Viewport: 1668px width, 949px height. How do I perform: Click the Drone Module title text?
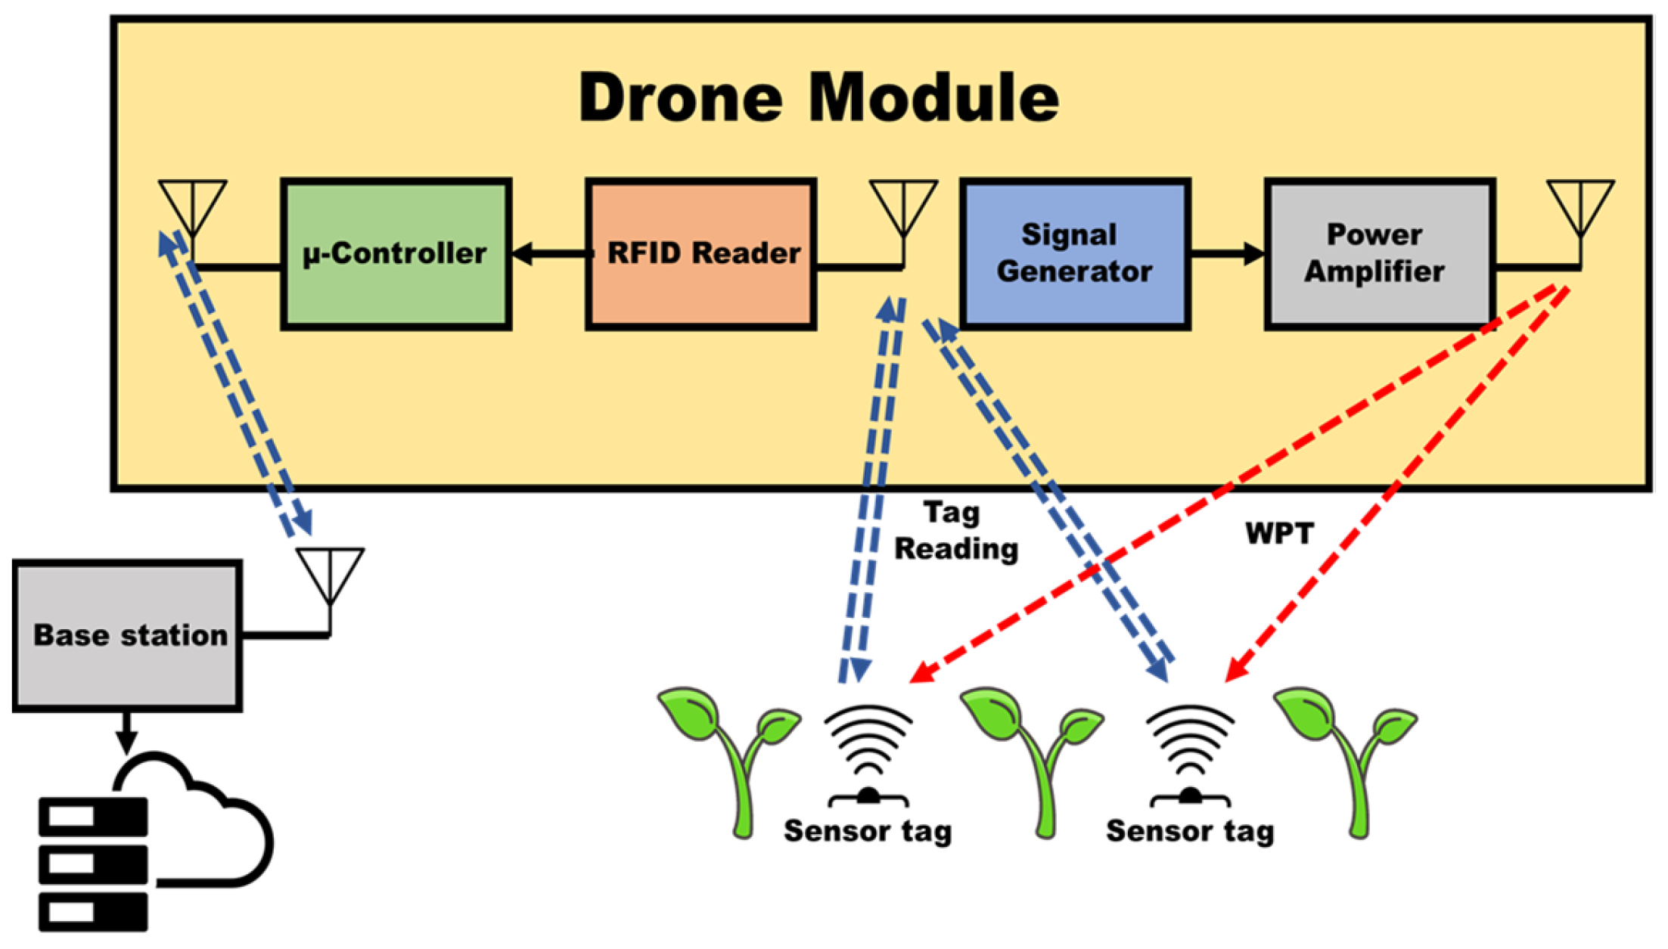[x=818, y=98]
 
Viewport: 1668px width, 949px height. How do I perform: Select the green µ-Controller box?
[x=396, y=253]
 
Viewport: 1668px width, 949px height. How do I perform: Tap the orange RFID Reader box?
[x=701, y=253]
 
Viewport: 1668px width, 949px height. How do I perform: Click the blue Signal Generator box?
[x=1075, y=253]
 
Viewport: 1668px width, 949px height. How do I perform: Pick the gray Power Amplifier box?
[x=1379, y=253]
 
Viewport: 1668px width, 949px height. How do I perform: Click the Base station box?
[x=127, y=635]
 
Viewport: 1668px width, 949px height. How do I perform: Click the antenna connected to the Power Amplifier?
[x=1580, y=208]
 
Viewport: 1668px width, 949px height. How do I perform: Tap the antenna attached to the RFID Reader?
[x=903, y=208]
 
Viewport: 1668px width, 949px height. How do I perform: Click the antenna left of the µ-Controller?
[x=192, y=208]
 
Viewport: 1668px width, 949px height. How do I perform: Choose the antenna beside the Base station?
[x=330, y=576]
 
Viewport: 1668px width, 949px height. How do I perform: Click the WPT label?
[x=1279, y=534]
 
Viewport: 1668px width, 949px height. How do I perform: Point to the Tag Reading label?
[x=955, y=531]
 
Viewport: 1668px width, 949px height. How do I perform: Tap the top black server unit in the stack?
[x=93, y=817]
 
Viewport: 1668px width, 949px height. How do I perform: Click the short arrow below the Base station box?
[x=126, y=731]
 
